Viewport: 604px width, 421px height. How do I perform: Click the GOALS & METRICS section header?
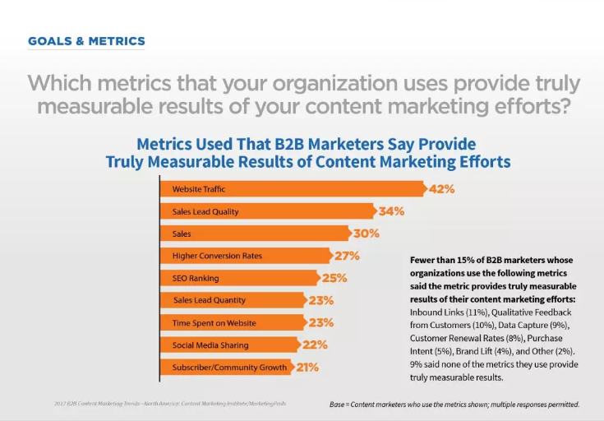[x=86, y=40]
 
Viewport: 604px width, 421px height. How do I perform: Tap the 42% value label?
[x=442, y=189]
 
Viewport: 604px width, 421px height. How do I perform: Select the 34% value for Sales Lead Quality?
[x=391, y=211]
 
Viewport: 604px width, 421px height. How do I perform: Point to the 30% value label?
[x=367, y=234]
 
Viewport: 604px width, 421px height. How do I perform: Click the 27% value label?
[x=347, y=256]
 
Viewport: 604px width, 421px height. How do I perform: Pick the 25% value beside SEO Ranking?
[x=334, y=278]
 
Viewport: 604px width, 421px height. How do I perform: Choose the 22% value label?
[x=314, y=345]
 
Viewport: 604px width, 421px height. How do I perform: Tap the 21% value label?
[x=307, y=367]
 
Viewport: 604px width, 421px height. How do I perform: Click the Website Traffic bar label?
[x=199, y=189]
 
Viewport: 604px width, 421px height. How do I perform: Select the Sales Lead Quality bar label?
[x=205, y=211]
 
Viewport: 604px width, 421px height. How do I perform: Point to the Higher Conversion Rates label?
[x=217, y=256]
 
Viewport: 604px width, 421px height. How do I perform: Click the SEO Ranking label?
[x=196, y=278]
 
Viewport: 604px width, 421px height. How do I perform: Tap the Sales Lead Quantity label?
[x=210, y=300]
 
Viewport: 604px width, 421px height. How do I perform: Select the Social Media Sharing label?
[x=210, y=345]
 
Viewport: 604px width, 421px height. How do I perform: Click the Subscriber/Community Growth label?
[x=230, y=367]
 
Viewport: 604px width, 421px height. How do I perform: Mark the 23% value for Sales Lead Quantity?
[x=320, y=300]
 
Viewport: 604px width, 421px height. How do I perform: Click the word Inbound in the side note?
[x=426, y=313]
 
